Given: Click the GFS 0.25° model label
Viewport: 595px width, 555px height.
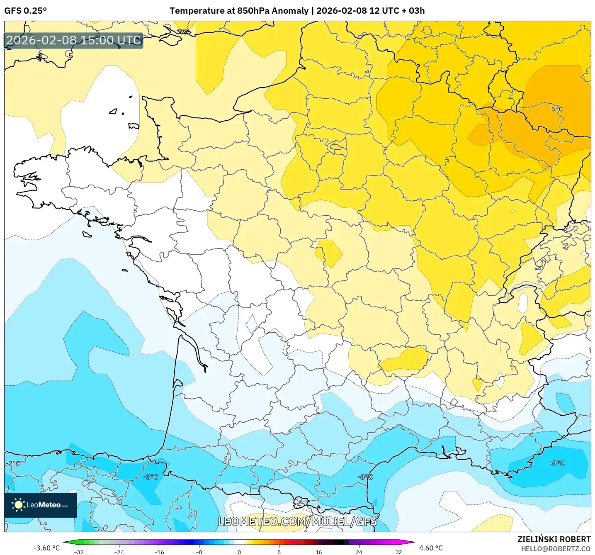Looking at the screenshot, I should [25, 11].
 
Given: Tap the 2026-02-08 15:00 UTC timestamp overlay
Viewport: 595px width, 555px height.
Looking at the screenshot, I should [74, 40].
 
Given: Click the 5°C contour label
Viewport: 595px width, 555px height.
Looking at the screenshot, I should [557, 109].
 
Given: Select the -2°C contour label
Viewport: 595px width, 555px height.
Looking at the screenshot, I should [13, 463].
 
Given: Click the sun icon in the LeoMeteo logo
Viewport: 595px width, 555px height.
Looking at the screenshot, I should [18, 505].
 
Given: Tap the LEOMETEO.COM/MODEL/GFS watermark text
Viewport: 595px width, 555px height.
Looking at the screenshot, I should [297, 521].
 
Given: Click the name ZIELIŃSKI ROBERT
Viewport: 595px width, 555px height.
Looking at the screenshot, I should [554, 539].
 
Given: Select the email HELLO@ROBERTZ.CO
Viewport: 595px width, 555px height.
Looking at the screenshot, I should [555, 549].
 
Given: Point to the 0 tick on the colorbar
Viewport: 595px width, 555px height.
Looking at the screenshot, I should [239, 552].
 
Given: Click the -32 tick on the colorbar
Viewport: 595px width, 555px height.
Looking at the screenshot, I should [79, 552].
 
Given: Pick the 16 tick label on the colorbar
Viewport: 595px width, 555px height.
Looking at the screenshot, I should [318, 552].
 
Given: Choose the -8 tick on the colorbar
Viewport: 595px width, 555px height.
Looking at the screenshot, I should [199, 552].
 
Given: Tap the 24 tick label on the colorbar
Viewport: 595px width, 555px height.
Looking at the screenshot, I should [359, 552].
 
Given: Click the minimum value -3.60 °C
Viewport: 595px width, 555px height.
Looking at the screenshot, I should [46, 548].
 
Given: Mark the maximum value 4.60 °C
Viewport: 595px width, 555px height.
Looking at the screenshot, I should [431, 548].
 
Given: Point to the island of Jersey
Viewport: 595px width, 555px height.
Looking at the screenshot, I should [134, 126].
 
